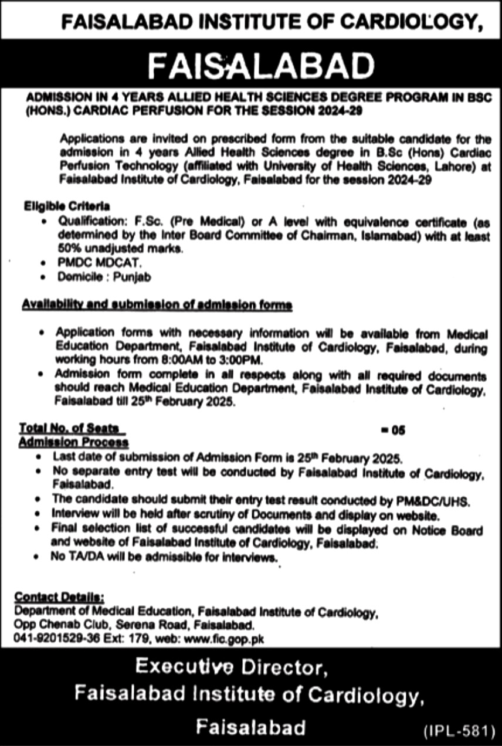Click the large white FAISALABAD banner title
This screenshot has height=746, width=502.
(x=260, y=66)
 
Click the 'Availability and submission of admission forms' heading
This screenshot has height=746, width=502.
(x=157, y=306)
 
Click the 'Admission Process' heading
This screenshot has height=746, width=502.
(x=73, y=442)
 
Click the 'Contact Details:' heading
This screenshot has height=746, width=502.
(x=60, y=597)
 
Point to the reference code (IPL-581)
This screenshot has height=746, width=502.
(x=456, y=731)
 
